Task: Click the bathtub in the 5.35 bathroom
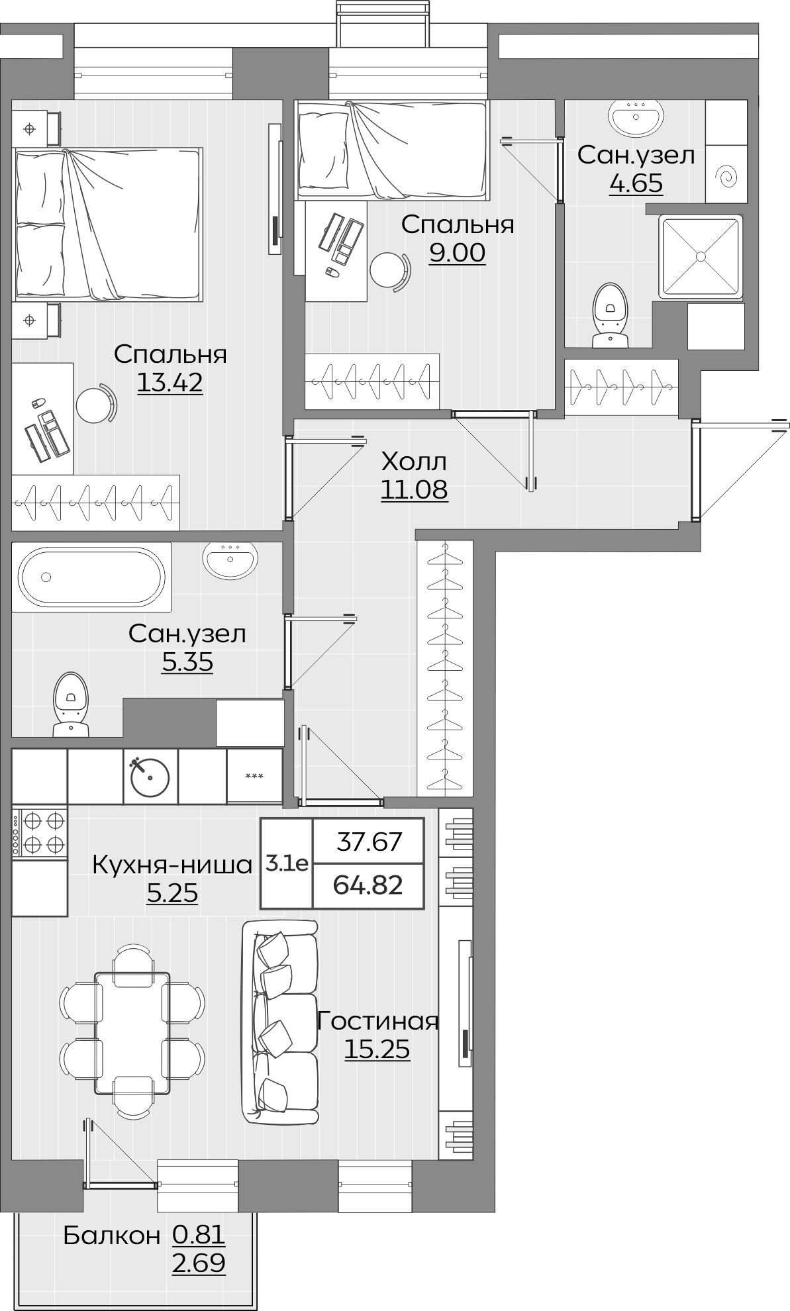[x=91, y=576]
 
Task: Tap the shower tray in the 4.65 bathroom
[x=699, y=256]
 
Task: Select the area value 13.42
[x=170, y=383]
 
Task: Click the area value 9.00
[x=457, y=253]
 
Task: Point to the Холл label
[x=415, y=461]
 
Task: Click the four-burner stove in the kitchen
[x=40, y=832]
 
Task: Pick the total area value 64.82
[x=368, y=885]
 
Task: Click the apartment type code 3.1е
[x=287, y=863]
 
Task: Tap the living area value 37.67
[x=369, y=842]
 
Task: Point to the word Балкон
[x=112, y=1236]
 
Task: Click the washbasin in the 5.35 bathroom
[x=230, y=559]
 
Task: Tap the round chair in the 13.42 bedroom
[x=93, y=403]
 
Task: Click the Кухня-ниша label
[x=172, y=865]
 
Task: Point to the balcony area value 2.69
[x=199, y=1263]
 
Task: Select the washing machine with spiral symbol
[x=726, y=174]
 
